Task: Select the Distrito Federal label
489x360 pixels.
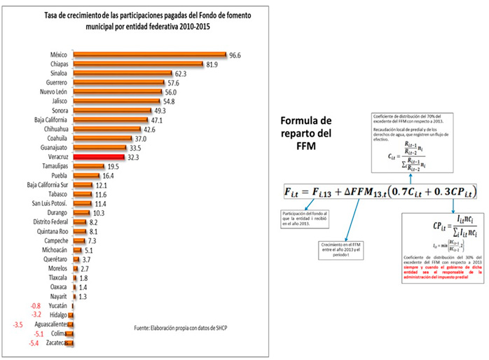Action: (48, 222)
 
